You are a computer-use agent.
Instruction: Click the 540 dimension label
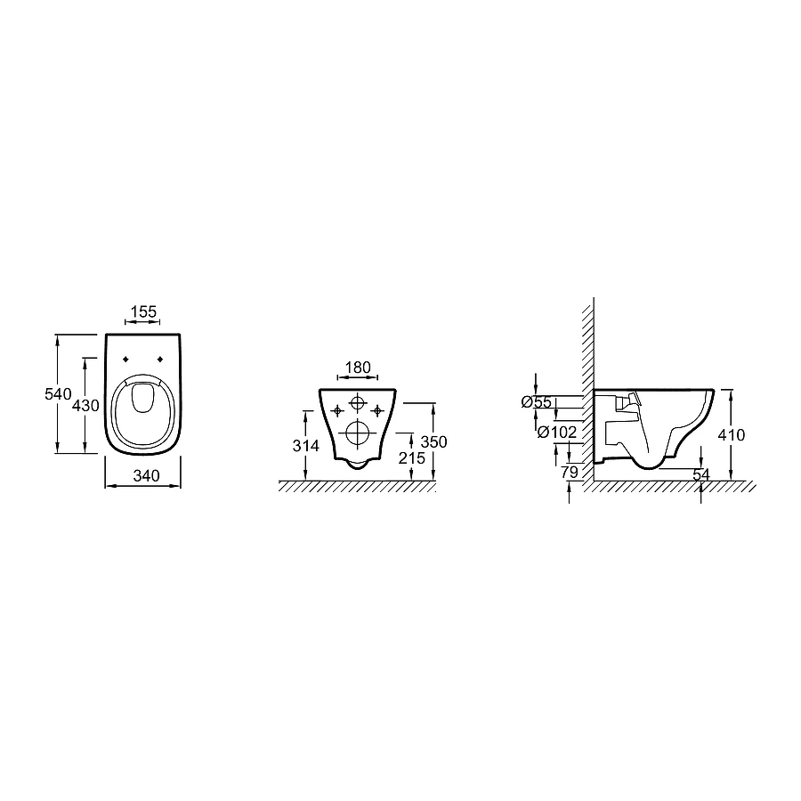[x=58, y=394]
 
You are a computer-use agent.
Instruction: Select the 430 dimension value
[x=85, y=406]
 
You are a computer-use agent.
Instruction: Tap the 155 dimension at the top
[x=143, y=311]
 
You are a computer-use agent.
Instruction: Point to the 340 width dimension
[x=147, y=475]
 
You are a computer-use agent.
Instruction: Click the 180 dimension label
[x=358, y=368]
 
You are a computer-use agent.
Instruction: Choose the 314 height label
[x=305, y=446]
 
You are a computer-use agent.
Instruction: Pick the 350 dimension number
[x=433, y=441]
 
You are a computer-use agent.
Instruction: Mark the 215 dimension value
[x=412, y=458]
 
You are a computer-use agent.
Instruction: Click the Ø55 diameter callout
[x=537, y=402]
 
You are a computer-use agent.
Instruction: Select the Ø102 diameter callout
[x=557, y=433]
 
